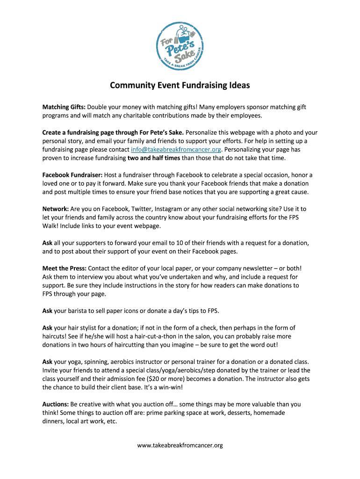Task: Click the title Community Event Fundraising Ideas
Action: [180, 86]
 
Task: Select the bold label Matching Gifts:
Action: [64, 107]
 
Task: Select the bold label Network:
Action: [56, 209]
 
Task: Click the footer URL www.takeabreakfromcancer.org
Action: [180, 445]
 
